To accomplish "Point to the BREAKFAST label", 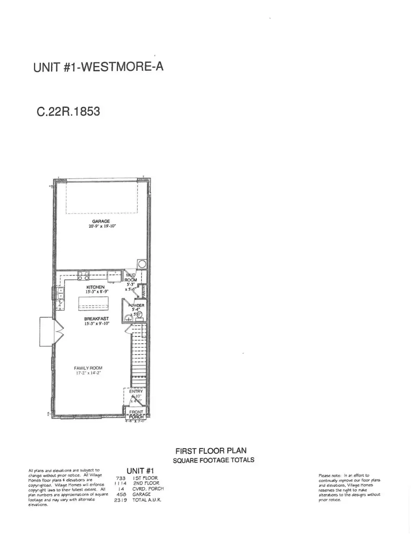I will click(x=96, y=319).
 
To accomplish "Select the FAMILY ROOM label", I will click(x=88, y=368).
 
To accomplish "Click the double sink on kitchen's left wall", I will click(x=60, y=293).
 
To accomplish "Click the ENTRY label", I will click(x=138, y=391).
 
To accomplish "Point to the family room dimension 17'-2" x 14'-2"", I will click(x=88, y=373).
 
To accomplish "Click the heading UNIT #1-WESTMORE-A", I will click(x=98, y=67).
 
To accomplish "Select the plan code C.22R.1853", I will click(x=68, y=112).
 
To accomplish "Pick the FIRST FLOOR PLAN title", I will click(x=214, y=451).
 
